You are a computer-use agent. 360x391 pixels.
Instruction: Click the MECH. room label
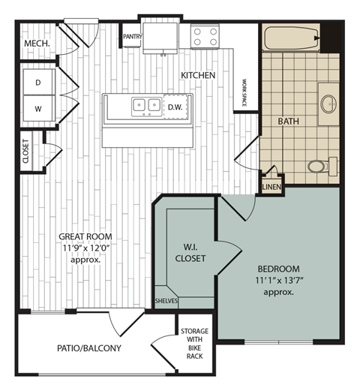tap(37, 44)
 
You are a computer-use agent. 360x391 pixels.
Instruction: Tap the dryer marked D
tap(37, 82)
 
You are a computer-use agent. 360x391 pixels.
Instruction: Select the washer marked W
tap(37, 107)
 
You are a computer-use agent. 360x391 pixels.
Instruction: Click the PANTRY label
tap(133, 35)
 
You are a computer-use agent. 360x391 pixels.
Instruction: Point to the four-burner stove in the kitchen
tap(205, 35)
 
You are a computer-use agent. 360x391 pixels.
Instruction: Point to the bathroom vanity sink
tap(328, 104)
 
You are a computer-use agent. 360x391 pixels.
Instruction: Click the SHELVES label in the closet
tap(166, 301)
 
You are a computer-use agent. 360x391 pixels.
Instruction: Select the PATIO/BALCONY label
tap(88, 348)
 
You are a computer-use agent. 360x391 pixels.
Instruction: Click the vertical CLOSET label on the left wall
tap(25, 151)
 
